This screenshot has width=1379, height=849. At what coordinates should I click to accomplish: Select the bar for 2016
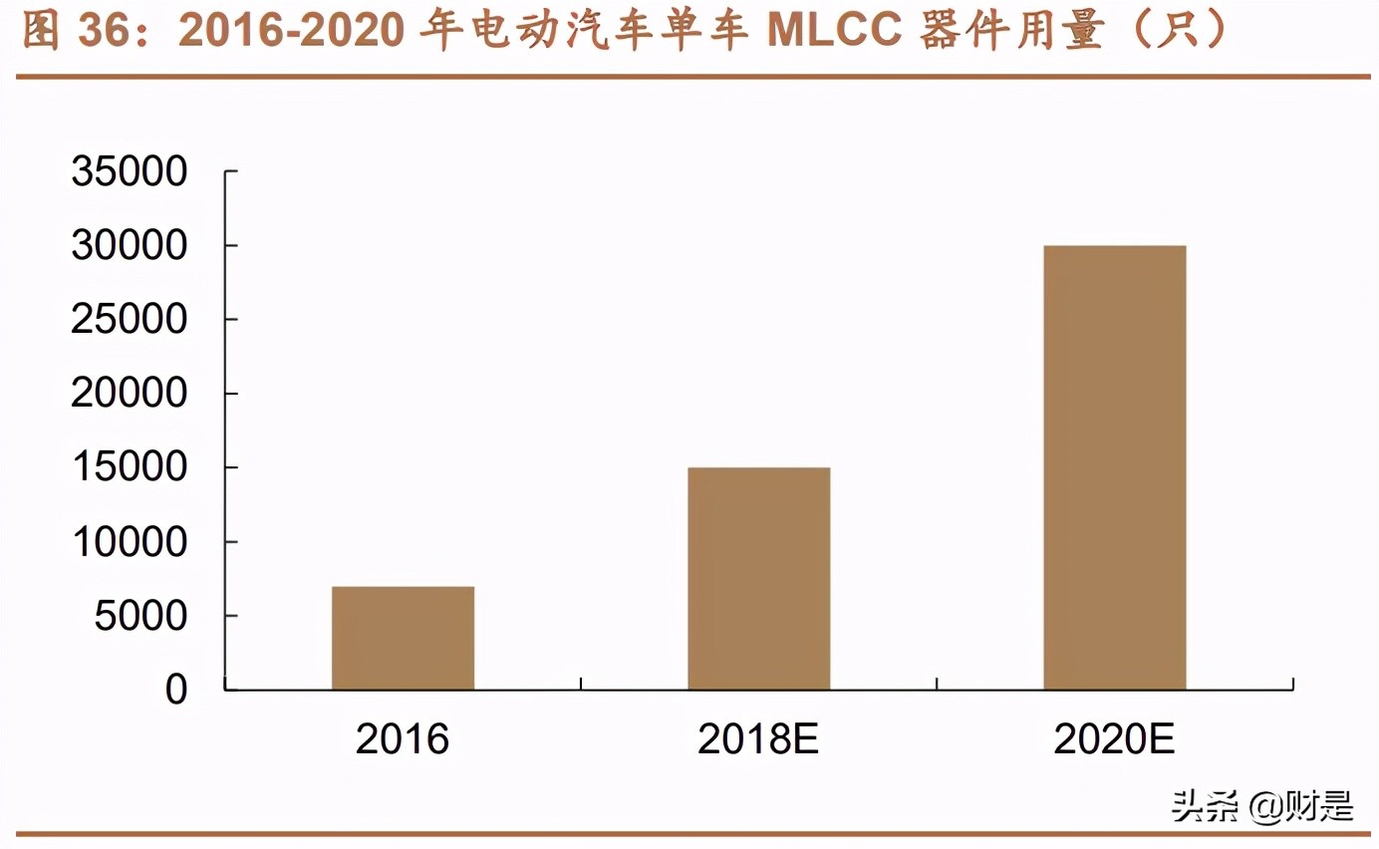403,638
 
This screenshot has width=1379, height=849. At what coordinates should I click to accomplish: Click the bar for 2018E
758,578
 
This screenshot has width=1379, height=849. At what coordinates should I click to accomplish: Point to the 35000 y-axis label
130,172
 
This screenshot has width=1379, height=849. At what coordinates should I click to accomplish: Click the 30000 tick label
130,246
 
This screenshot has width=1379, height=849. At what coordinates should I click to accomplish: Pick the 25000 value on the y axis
130,320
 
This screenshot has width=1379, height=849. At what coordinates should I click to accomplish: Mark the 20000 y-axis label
130,395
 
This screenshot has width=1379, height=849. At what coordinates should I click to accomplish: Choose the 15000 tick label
130,468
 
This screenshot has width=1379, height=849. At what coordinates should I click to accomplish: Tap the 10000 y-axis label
130,542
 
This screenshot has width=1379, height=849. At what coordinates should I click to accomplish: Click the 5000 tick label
140,616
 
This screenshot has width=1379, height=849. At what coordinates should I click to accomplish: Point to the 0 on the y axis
176,690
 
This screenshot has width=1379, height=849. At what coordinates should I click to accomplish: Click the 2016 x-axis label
403,739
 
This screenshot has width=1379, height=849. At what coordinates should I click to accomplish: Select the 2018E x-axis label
758,739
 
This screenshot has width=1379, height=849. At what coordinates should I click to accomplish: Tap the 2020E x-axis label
1114,739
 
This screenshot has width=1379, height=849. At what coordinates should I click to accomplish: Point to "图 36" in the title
76,32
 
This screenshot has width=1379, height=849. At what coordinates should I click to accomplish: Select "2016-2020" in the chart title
291,32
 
